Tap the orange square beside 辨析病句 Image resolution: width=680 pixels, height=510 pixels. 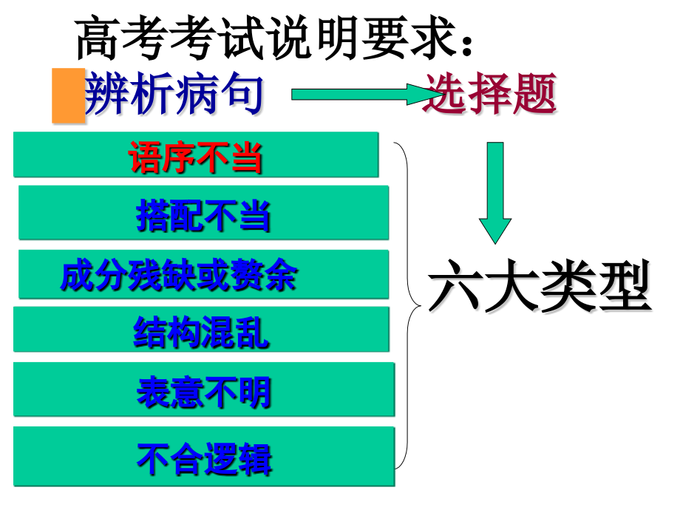[68, 95]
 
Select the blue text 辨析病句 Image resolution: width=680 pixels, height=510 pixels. [174, 94]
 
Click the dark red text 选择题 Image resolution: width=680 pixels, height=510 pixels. [489, 93]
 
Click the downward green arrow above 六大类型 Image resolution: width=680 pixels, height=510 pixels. [494, 193]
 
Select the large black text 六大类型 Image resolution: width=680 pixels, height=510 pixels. [540, 285]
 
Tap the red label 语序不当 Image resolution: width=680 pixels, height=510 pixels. [195, 157]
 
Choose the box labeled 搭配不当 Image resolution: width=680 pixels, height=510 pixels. [203, 213]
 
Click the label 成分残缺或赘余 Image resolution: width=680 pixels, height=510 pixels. [178, 275]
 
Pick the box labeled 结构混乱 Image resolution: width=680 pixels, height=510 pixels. [201, 329]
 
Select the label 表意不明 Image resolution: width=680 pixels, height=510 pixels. [204, 392]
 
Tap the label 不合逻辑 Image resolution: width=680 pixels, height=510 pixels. [204, 459]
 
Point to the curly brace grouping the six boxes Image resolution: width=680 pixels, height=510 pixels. [408, 306]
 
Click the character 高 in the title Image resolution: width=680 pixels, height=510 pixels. [98, 38]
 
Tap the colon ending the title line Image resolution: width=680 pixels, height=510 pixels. [466, 44]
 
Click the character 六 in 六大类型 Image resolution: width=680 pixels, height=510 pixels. [455, 285]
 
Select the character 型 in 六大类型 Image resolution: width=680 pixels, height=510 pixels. [624, 285]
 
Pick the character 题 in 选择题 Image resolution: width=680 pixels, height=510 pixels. [534, 93]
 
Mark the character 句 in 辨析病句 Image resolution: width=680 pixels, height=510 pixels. [242, 94]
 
